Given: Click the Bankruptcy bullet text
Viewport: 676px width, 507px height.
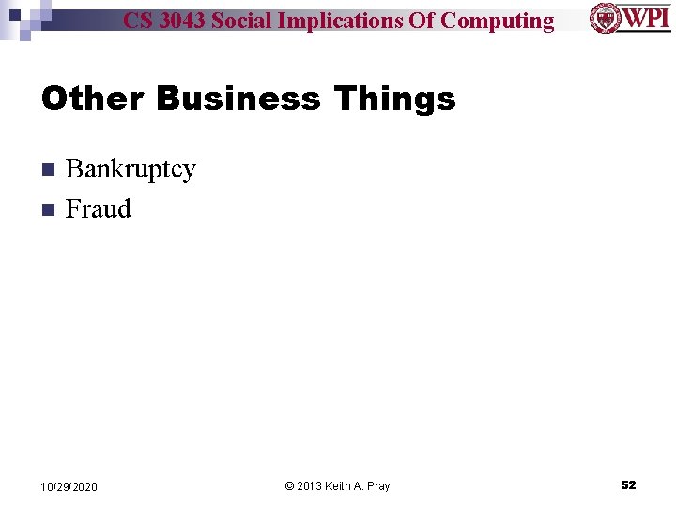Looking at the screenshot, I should click(131, 170).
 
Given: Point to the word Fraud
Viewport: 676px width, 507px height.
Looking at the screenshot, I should click(99, 208).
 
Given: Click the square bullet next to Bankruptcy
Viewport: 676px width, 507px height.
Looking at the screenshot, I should click(48, 170).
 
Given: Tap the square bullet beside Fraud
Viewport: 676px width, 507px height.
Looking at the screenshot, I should click(48, 209).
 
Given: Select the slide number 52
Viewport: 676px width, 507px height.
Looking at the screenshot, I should click(628, 485).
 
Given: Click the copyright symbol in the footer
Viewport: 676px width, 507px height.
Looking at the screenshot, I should click(289, 486).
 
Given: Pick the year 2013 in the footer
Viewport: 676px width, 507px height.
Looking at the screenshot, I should click(310, 486).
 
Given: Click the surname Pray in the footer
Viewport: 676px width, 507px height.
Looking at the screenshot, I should click(377, 486).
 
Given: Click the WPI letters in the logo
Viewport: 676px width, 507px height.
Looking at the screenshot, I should click(646, 18).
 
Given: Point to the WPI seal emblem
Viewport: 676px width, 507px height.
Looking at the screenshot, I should click(605, 18).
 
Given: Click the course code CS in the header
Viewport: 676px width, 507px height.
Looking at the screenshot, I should click(137, 21).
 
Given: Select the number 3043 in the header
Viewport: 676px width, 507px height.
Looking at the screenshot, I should click(181, 21).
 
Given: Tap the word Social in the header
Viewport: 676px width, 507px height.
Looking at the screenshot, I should click(241, 21).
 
